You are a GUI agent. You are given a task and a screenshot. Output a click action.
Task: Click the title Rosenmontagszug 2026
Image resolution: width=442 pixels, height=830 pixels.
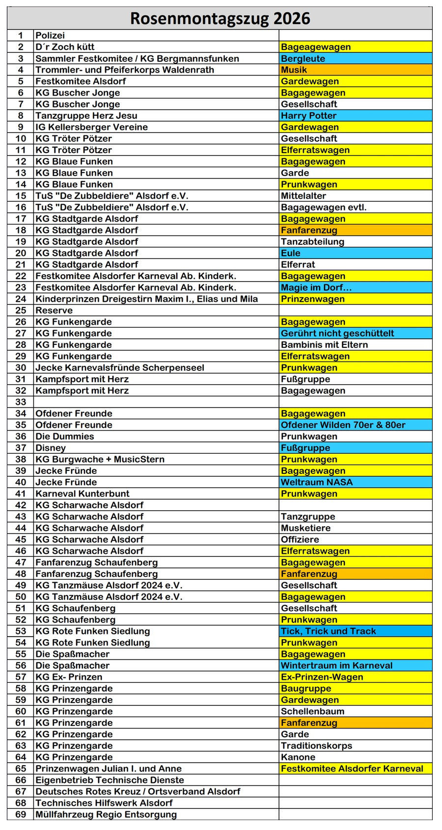pos(220,19)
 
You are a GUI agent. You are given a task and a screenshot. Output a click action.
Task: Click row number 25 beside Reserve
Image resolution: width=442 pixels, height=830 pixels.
pos(21,311)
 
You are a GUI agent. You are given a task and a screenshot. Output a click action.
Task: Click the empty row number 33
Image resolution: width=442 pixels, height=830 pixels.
pos(21,402)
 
